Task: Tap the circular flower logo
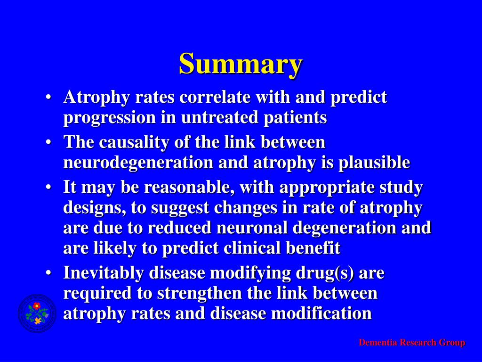point(37,313)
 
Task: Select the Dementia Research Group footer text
point(411,343)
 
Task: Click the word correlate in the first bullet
point(216,97)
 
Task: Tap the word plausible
point(374,163)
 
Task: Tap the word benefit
point(316,248)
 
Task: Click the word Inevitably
point(104,272)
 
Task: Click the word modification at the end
point(324,313)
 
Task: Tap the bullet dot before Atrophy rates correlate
point(48,98)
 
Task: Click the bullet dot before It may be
point(48,188)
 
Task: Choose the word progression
point(109,117)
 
